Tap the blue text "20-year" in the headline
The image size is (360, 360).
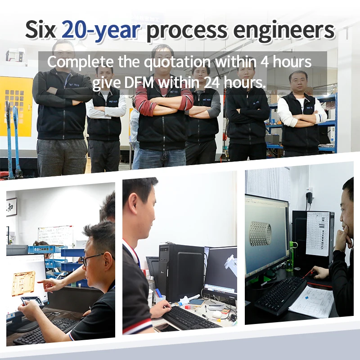click(x=101, y=29)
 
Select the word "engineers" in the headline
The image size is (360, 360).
click(x=286, y=29)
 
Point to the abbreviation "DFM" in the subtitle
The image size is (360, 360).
click(x=137, y=83)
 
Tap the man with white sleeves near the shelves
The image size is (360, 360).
click(x=301, y=112)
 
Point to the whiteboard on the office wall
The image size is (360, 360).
click(x=55, y=235)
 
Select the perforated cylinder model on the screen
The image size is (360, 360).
click(x=261, y=234)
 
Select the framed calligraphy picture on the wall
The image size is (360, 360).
click(x=12, y=207)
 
